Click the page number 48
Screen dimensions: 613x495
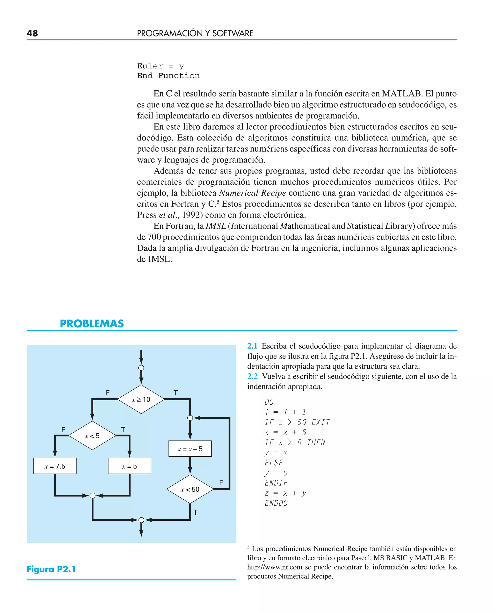[x=32, y=33]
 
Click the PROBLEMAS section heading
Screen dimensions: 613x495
[x=92, y=324]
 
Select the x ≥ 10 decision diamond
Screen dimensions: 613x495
[x=141, y=399]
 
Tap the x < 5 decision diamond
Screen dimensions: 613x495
[x=92, y=435]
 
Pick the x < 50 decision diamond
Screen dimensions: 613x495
[x=190, y=489]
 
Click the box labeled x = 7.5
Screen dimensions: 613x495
[x=55, y=466]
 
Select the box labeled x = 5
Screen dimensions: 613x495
[x=130, y=466]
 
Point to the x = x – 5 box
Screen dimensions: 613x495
[x=190, y=449]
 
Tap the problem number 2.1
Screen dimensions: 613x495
[x=252, y=346]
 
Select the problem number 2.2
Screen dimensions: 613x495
[x=252, y=376]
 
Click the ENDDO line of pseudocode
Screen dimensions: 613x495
[x=276, y=503]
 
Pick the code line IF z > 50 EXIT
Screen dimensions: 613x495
[x=297, y=422]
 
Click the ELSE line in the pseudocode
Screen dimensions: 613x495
[x=274, y=463]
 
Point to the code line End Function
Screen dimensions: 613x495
[x=168, y=76]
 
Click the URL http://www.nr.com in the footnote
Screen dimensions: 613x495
[x=275, y=567]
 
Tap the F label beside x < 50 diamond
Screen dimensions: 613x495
[x=221, y=483]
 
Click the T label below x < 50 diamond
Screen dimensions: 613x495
[x=195, y=512]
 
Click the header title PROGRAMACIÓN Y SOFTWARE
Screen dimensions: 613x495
[x=195, y=33]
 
